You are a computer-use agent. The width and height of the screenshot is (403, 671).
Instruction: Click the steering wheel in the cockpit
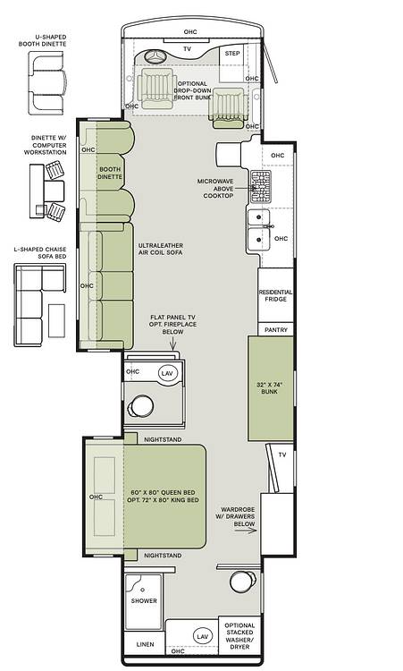pos(155,56)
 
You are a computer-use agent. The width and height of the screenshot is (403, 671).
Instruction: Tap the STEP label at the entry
pos(232,54)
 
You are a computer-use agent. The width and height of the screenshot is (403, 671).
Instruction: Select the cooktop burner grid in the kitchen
pos(260,187)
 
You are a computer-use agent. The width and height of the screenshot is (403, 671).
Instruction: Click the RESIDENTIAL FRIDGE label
pos(275,295)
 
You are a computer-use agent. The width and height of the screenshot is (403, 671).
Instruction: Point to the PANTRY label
pos(275,330)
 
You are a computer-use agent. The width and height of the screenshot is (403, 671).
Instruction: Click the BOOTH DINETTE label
pos(110,173)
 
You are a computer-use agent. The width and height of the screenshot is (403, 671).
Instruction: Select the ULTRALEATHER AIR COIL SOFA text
pos(160,249)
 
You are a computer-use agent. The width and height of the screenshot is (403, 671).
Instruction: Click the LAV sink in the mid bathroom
pos(167,373)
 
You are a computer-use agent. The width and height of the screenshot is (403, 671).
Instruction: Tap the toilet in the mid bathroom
pos(140,406)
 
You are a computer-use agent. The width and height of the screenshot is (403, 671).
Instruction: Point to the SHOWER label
pos(144,601)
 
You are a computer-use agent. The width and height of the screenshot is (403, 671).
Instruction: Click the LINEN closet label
pos(145,644)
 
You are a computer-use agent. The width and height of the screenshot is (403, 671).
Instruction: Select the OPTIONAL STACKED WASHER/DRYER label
pos(239,636)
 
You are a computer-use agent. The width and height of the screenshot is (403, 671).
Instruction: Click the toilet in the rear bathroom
pos(242,582)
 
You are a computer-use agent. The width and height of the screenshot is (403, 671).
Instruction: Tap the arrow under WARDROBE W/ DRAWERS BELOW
pos(246,531)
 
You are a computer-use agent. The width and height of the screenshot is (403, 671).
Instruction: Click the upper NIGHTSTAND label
pos(163,439)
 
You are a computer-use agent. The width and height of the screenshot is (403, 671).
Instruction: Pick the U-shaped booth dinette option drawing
pos(47,82)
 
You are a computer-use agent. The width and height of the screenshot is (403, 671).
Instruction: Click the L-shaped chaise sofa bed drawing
pos(40,305)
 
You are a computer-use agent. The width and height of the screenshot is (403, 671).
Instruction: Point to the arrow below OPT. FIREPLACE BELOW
pos(173,344)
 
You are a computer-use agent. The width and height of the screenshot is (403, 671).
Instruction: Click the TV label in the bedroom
pos(282,454)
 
